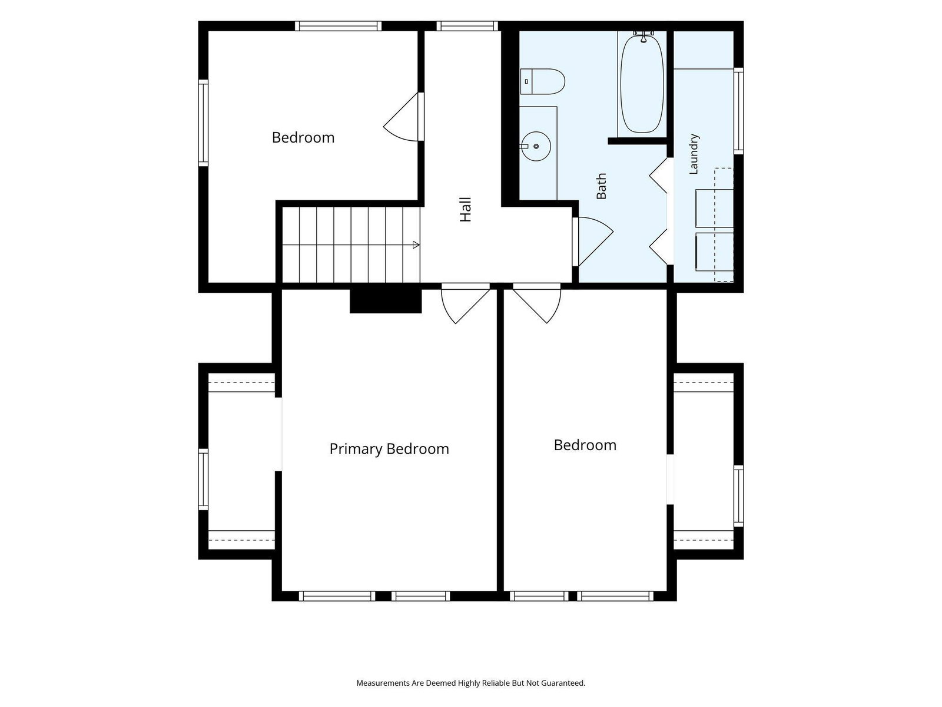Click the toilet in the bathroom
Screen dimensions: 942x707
coord(542,81)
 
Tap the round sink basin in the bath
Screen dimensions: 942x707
coord(536,146)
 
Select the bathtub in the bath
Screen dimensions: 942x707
coord(642,84)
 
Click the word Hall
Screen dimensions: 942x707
coord(466,210)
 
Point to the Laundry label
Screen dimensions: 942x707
coord(694,154)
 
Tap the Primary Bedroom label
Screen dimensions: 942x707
coord(389,449)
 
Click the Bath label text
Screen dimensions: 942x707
coord(601,186)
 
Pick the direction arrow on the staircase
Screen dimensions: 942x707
coord(416,245)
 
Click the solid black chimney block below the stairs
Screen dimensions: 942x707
coord(386,301)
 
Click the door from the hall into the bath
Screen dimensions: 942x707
coord(593,242)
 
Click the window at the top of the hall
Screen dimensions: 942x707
coord(467,26)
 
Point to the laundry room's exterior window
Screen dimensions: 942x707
coord(738,110)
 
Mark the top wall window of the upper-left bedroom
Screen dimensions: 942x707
coord(338,26)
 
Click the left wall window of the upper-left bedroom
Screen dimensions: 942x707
coord(203,123)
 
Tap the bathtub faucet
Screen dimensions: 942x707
coord(644,36)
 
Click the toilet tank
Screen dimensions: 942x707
coord(526,81)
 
